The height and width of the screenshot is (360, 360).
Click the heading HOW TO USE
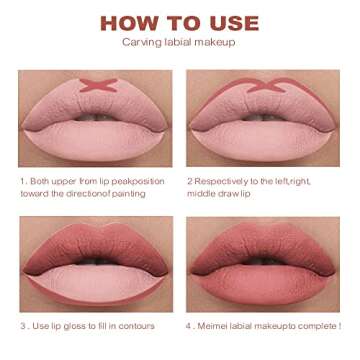tap(179, 23)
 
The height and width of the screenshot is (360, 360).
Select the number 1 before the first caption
tap(23, 181)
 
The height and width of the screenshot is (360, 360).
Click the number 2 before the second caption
tap(190, 181)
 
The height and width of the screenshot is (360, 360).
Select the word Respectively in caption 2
tap(224, 181)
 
